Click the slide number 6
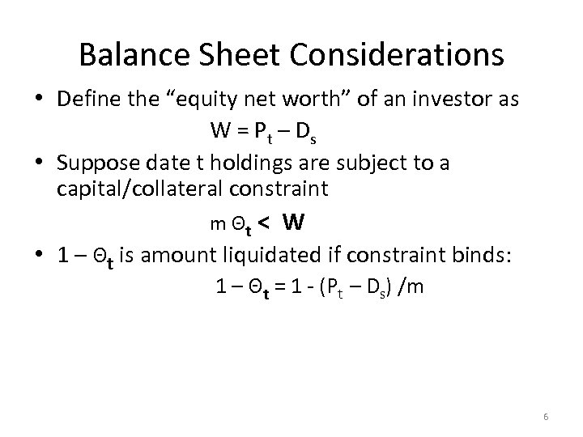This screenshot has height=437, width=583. pos(547,416)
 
